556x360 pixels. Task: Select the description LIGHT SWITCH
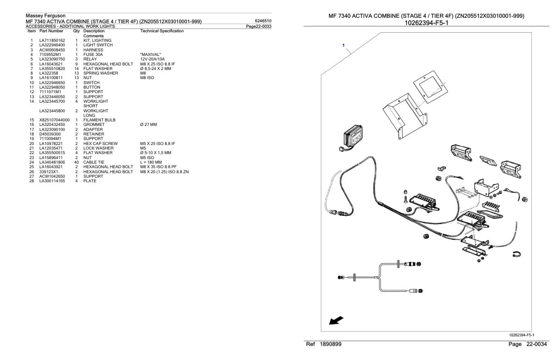coord(98,45)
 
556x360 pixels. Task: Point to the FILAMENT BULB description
coord(98,120)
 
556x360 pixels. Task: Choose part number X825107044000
coord(55,120)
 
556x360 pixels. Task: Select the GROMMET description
coord(94,125)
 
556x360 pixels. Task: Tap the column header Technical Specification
coord(162,31)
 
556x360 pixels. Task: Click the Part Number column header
coord(51,31)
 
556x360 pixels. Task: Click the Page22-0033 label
coord(258,26)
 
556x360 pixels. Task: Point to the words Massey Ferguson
coord(45,16)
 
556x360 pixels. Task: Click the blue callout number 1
coord(344,45)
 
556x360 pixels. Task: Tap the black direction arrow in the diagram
coord(336,321)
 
